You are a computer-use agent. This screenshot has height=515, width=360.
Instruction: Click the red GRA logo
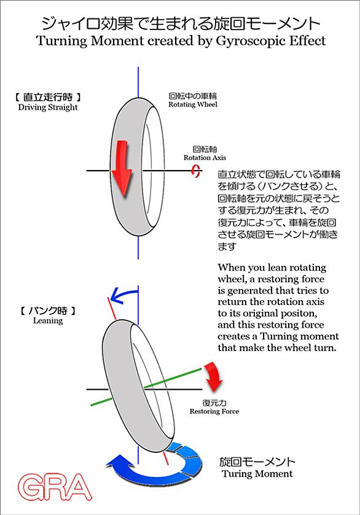click(55, 487)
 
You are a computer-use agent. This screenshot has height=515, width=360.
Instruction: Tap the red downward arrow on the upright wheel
click(121, 168)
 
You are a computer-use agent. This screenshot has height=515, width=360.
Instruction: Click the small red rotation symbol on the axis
click(196, 171)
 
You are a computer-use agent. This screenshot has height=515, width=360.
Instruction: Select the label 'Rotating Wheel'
click(193, 104)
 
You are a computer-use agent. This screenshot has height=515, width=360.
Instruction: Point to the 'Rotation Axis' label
click(205, 158)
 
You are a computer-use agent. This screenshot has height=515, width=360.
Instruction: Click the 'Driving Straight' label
click(48, 107)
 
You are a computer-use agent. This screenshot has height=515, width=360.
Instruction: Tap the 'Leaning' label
click(48, 320)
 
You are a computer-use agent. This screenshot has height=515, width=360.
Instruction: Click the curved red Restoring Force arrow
click(213, 376)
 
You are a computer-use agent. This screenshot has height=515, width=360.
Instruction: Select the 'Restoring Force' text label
click(214, 411)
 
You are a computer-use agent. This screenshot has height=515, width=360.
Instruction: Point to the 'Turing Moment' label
click(257, 474)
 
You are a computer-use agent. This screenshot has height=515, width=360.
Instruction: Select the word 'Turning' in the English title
click(62, 41)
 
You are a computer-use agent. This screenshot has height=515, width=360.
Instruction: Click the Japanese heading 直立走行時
click(48, 97)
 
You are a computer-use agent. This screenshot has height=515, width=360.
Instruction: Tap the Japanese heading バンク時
click(48, 311)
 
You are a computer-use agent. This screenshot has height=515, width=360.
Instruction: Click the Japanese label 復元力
click(214, 403)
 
